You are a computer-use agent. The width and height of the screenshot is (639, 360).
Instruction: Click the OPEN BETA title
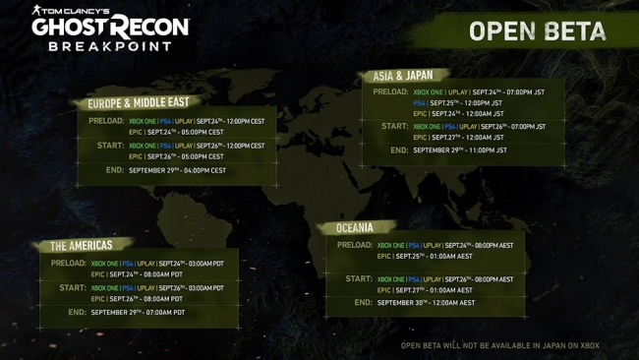537,31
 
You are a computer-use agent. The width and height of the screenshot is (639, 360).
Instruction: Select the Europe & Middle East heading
138,102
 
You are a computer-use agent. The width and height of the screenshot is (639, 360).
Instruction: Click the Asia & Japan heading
402,76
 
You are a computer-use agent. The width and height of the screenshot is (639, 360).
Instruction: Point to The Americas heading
82,246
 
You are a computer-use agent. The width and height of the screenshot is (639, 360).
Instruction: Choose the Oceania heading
355,228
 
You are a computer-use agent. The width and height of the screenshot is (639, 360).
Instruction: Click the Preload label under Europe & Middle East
106,121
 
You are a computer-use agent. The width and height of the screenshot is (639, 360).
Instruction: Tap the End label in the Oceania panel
363,303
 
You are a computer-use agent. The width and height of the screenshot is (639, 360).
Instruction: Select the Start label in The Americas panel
73,288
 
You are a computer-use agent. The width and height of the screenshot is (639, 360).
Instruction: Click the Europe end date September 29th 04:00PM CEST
177,170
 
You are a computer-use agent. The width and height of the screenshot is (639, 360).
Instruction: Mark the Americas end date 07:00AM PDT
138,313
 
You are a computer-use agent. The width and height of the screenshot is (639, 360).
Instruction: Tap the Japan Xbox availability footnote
499,345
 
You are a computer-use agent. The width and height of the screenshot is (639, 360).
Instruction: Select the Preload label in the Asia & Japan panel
390,92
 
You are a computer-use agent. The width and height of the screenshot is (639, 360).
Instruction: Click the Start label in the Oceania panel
359,279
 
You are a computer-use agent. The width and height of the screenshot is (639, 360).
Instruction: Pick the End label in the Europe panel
114,170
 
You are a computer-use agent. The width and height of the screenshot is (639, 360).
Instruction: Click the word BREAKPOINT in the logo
110,46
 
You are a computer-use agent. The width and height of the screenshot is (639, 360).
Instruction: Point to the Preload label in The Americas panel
69,264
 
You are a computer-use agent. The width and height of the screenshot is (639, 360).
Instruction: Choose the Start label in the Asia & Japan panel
394,126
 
